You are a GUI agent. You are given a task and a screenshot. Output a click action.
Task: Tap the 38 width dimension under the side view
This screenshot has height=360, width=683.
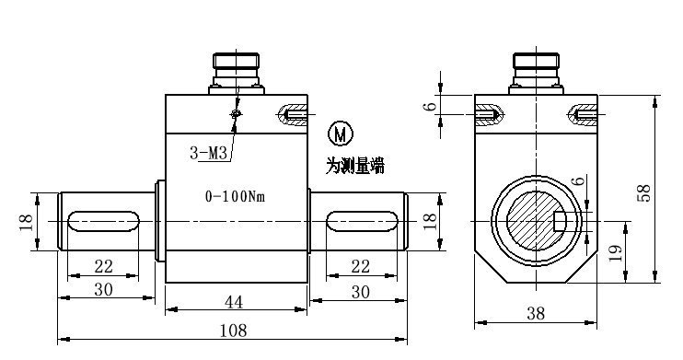[535, 314]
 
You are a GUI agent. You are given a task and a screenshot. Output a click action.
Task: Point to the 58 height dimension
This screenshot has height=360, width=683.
[644, 191]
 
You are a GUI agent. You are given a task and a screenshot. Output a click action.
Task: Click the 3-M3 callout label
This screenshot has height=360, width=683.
[208, 154]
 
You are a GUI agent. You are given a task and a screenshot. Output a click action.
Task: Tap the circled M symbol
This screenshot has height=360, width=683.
[341, 134]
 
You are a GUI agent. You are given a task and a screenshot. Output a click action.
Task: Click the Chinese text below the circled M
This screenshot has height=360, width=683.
[354, 166]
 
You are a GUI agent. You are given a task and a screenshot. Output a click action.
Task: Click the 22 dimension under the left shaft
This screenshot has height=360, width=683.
[103, 266]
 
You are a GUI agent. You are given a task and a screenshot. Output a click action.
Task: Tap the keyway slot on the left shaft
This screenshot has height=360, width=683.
[104, 221]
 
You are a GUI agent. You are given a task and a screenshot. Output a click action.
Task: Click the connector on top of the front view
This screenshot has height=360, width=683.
[236, 74]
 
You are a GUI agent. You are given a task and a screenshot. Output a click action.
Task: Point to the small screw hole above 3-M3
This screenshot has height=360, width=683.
[237, 113]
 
